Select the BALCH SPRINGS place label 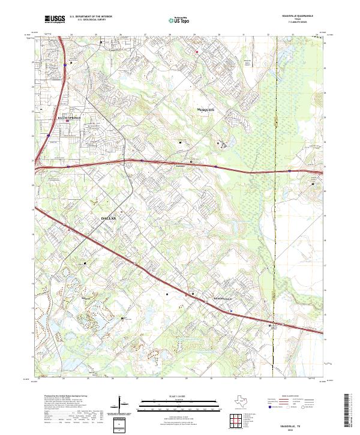pos(71,118)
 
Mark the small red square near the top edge pos(197,52)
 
